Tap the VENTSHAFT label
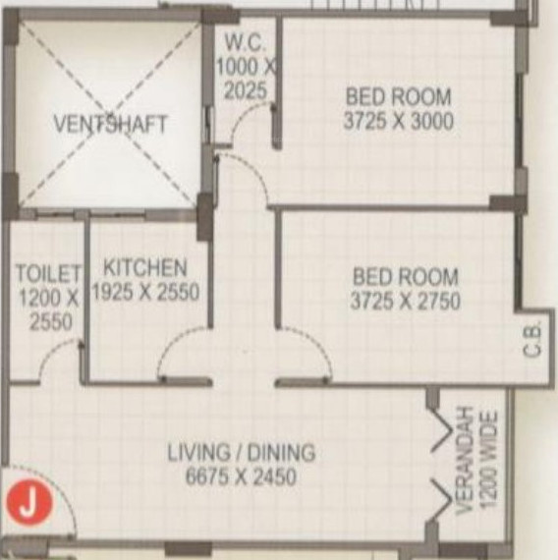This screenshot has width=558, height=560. pyautogui.click(x=110, y=125)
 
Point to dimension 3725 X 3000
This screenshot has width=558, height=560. pyautogui.click(x=398, y=122)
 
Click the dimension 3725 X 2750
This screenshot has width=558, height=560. pyautogui.click(x=405, y=302)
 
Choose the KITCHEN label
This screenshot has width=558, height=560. pyautogui.click(x=145, y=267)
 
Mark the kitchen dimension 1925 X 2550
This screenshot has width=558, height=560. pyautogui.click(x=145, y=292)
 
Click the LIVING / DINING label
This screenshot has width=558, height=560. pyautogui.click(x=241, y=453)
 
